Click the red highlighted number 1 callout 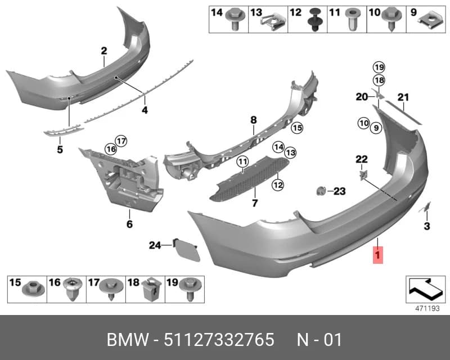377,255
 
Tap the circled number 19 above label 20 379,67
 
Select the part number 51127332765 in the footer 219,340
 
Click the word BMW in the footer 128,340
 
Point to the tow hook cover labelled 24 187,250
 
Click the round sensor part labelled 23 321,191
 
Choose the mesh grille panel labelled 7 249,178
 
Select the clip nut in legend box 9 431,21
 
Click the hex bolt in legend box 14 235,19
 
